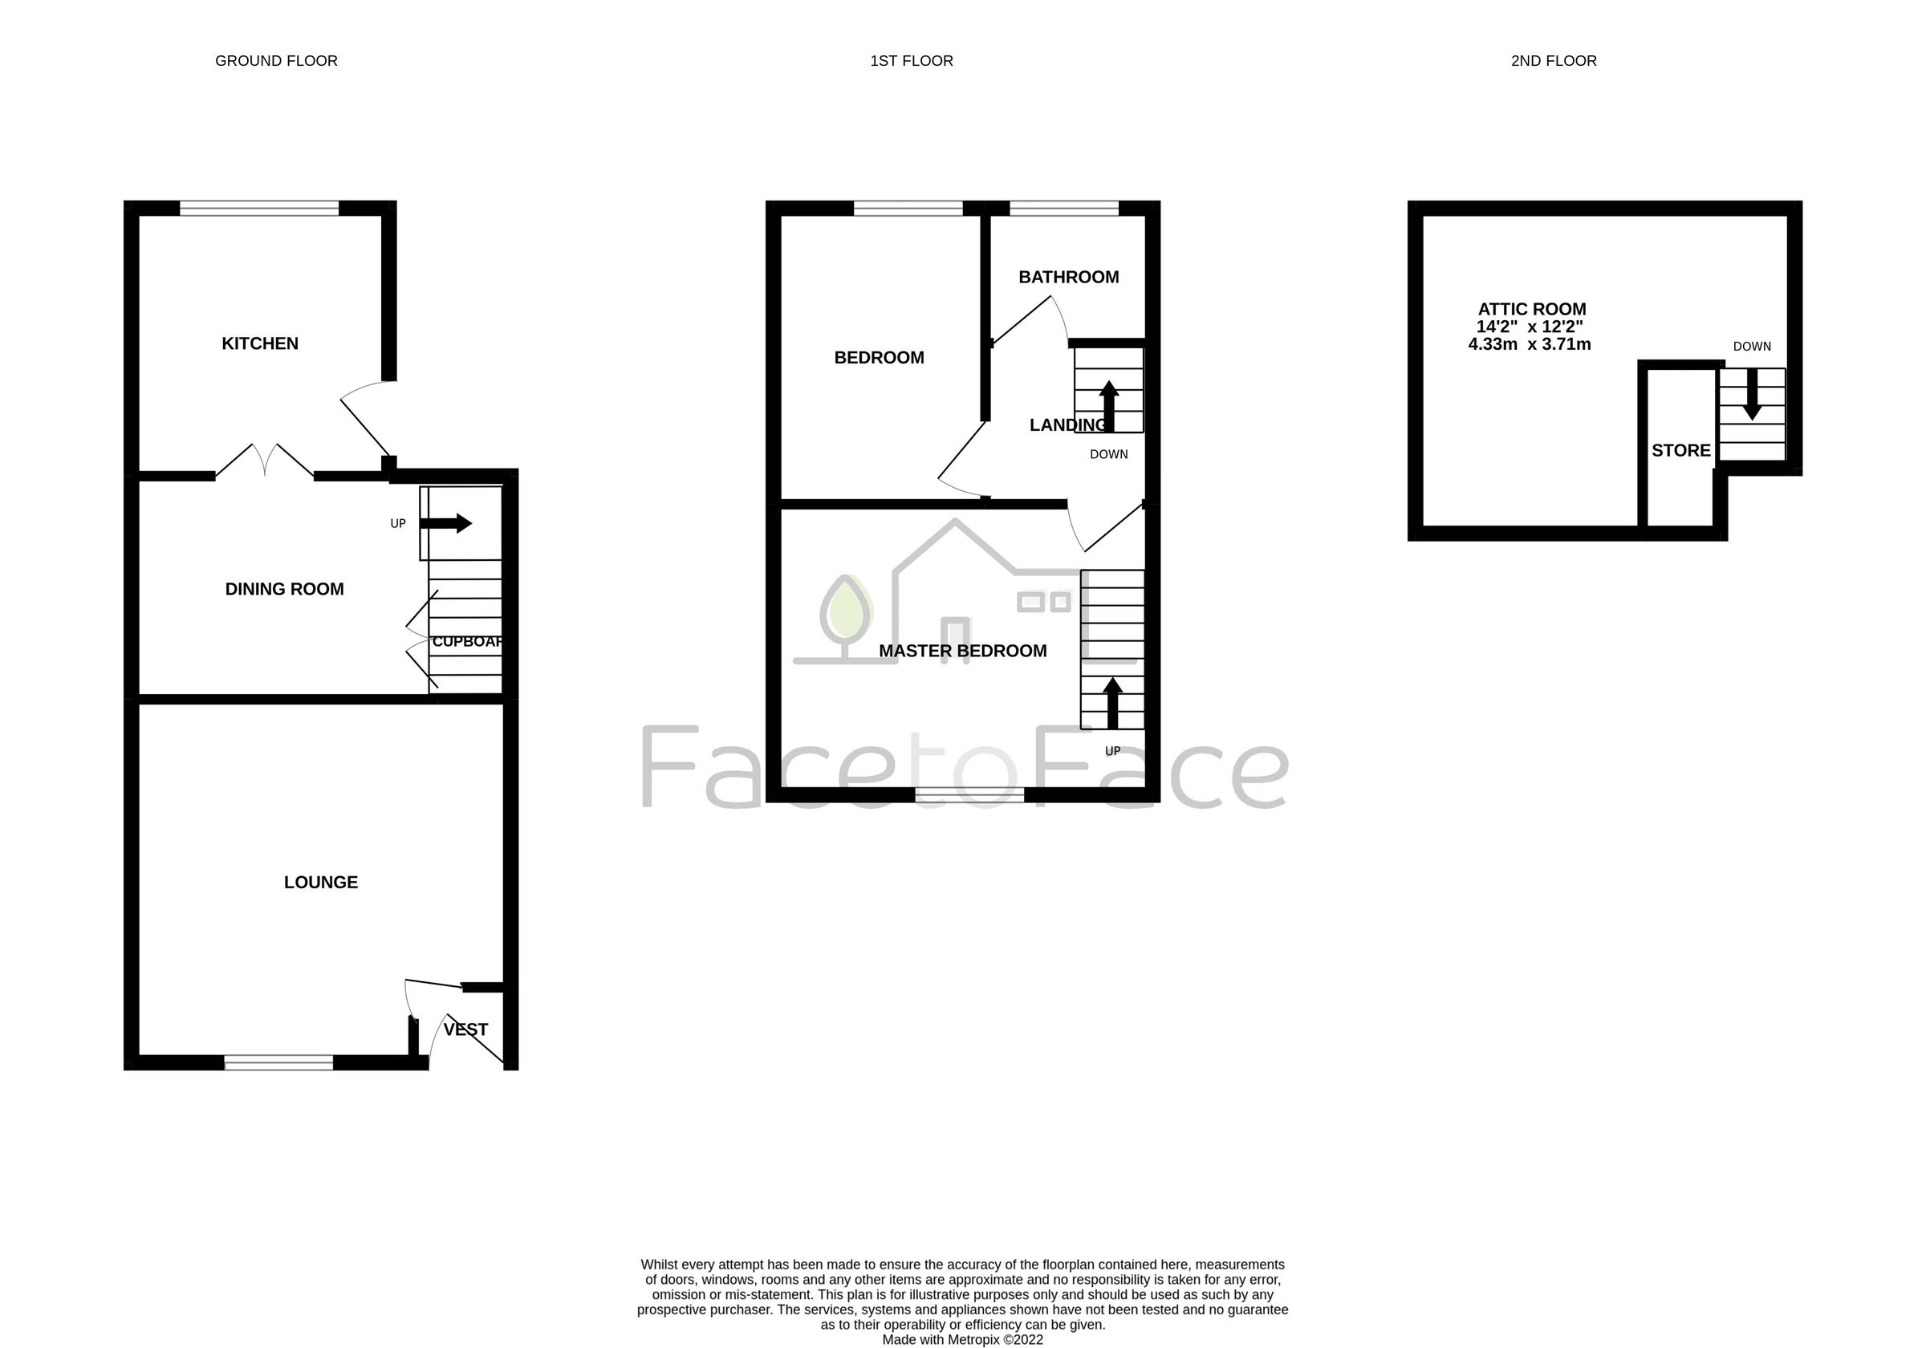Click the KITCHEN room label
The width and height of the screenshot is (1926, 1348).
259,343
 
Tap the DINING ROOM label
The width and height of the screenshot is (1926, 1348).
284,589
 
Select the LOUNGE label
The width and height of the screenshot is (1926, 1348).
320,883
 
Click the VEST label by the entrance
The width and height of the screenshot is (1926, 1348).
465,1029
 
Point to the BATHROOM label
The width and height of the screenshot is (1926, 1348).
1068,277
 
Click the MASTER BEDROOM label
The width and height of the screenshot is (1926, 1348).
962,651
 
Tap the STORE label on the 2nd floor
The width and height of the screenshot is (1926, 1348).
1680,450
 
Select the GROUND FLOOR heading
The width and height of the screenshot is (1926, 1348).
276,60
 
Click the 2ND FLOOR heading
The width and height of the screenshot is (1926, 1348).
1554,60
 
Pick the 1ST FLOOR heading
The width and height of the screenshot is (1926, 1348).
911,60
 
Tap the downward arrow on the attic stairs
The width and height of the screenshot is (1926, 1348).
1752,394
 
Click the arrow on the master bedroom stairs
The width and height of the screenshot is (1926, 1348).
1112,703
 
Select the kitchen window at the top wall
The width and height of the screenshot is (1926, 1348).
259,207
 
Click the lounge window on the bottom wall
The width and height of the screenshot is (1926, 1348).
278,1063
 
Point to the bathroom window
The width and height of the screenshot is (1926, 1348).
1063,207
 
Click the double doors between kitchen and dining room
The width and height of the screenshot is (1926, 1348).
265,462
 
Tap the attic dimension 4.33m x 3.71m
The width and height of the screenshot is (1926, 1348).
1530,344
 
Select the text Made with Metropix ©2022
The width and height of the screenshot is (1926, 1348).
962,1340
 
